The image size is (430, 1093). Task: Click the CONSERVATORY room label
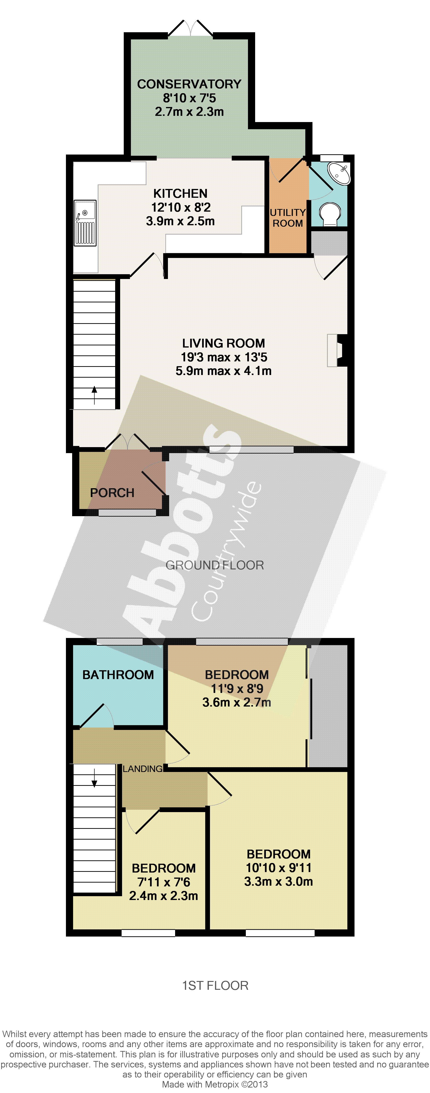point(189,84)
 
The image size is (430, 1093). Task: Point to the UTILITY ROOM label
point(288,218)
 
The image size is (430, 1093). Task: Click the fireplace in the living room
point(338,350)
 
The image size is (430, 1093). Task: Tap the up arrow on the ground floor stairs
point(94,396)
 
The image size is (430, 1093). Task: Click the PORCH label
point(112,493)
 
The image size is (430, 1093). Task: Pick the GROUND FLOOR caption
point(215,565)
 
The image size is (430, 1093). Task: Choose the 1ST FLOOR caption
point(215,985)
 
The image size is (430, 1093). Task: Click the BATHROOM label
point(118,675)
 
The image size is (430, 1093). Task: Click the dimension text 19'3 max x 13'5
point(224,357)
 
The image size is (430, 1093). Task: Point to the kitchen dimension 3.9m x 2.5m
point(180,221)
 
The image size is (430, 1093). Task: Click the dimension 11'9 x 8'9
point(237,689)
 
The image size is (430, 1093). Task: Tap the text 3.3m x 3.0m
point(279,881)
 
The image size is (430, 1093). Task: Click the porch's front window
point(127,513)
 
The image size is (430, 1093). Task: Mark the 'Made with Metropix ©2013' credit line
point(215,1084)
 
